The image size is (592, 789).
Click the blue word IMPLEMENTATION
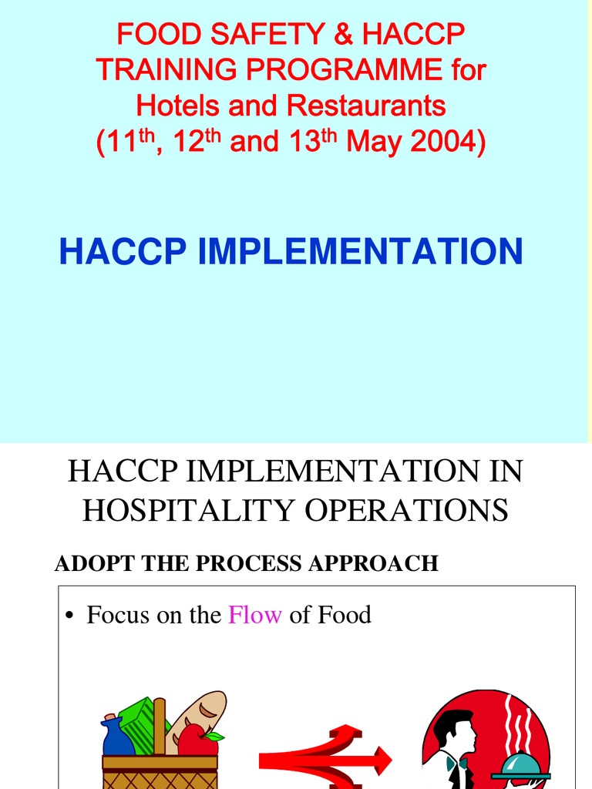(361, 251)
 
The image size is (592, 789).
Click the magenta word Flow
(255, 615)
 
